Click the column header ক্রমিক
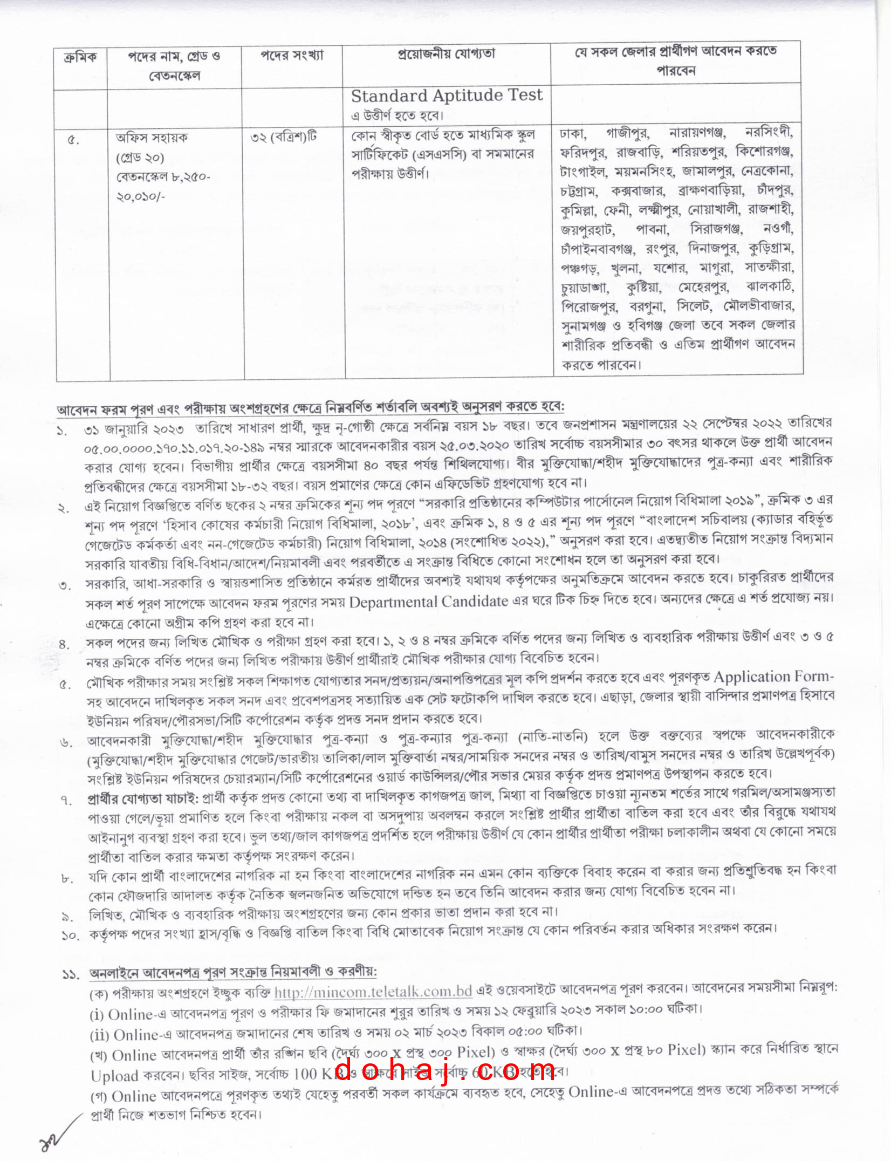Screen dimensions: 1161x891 pos(80,57)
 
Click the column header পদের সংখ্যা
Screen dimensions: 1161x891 pos(292,56)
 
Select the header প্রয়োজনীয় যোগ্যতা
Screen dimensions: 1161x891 pos(446,54)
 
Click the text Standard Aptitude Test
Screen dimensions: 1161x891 pos(447,95)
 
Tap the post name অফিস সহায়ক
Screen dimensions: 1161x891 pos(152,138)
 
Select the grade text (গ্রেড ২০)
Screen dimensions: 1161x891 pos(140,158)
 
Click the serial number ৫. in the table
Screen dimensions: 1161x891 pos(73,141)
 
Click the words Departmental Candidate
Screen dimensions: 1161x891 pos(428,602)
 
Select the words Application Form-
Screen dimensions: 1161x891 pos(773,677)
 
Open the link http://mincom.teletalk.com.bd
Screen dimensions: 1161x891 pos(373,992)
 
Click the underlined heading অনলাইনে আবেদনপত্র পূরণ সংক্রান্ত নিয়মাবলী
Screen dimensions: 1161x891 pos(232,972)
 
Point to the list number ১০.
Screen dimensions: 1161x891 pos(70,935)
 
